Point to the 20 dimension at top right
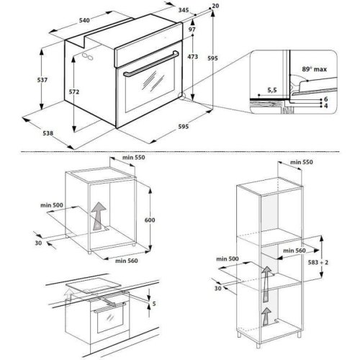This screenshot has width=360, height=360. coord(217,6)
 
